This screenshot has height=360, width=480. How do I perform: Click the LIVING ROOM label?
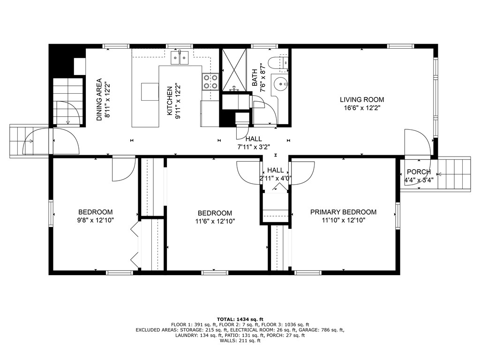pos(361,99)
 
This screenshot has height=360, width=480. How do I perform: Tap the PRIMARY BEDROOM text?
pos(343,212)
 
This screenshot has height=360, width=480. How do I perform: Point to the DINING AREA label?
pos(99,99)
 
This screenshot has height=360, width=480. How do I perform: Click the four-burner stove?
pos(210,82)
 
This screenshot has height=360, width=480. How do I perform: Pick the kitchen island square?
pos(150,91)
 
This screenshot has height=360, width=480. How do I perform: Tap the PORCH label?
pos(418,172)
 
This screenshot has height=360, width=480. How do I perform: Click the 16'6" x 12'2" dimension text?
pos(361,107)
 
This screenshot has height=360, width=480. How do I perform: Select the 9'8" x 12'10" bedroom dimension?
pos(95,220)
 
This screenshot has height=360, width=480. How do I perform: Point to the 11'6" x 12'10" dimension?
pos(214,221)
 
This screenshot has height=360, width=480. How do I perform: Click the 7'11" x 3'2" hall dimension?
pos(253,147)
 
